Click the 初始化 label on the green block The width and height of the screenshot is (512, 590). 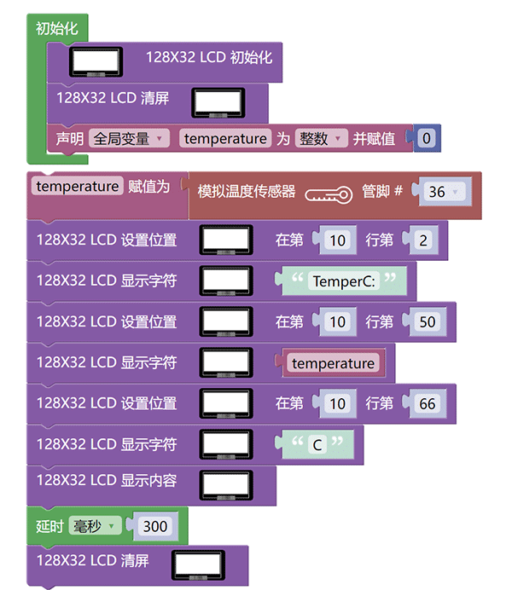[57, 29]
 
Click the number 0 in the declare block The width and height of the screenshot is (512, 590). [427, 138]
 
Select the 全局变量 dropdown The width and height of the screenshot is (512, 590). [129, 138]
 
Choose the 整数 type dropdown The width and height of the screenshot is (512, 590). [321, 138]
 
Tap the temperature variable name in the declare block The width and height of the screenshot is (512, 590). [225, 138]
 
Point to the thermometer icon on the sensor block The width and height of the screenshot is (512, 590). [329, 195]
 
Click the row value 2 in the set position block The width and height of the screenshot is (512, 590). [423, 240]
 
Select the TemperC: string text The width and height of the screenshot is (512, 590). [344, 281]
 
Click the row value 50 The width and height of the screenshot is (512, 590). [428, 322]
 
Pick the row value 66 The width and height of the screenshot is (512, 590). [428, 404]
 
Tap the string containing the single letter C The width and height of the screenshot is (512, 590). [317, 445]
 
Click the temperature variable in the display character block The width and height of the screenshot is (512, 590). [333, 363]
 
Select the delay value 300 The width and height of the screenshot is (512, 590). [155, 526]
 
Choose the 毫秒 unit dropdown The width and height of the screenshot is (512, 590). [95, 526]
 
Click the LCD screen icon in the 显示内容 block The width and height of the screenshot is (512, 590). [226, 485]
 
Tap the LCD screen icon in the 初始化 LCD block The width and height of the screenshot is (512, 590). [96, 61]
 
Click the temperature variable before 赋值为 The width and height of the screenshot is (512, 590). [77, 186]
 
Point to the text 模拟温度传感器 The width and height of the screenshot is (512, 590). [247, 192]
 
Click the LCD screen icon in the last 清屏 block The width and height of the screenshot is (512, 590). [198, 565]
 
